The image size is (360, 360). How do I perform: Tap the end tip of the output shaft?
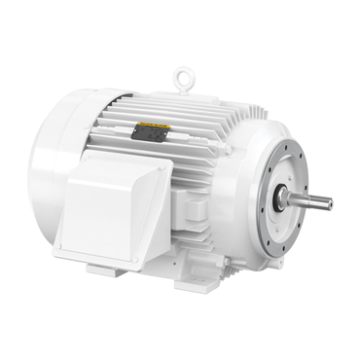pyautogui.click(x=329, y=203)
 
